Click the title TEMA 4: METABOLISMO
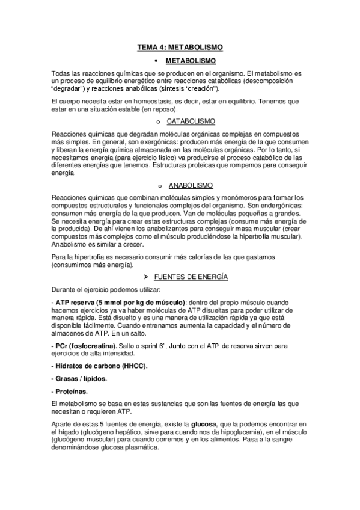[180, 46]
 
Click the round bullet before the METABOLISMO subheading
[156, 61]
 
